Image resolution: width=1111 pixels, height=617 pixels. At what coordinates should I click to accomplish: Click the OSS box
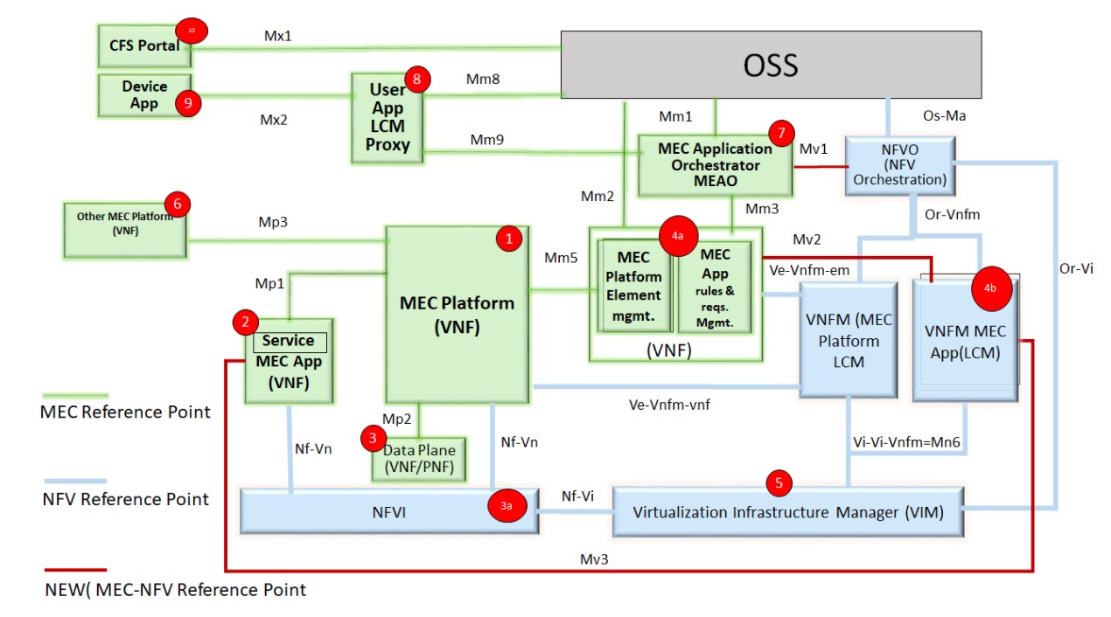(771, 64)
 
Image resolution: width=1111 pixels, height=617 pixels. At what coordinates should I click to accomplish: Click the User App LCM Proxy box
(387, 118)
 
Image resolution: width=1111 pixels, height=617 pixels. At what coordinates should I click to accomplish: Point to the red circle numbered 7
(780, 134)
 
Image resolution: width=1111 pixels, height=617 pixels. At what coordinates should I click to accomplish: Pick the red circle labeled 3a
(507, 505)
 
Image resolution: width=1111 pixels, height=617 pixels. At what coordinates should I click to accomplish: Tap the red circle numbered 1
(509, 238)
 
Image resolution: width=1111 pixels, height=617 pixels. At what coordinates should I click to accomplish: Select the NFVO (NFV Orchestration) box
(899, 164)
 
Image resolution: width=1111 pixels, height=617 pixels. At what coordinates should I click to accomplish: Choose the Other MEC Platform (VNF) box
(123, 230)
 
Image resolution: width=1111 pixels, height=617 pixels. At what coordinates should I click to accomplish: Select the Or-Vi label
(1076, 268)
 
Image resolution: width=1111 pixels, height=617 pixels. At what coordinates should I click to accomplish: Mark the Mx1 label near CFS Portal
(278, 36)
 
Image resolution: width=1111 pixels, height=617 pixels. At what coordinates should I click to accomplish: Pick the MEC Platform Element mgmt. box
(633, 286)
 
